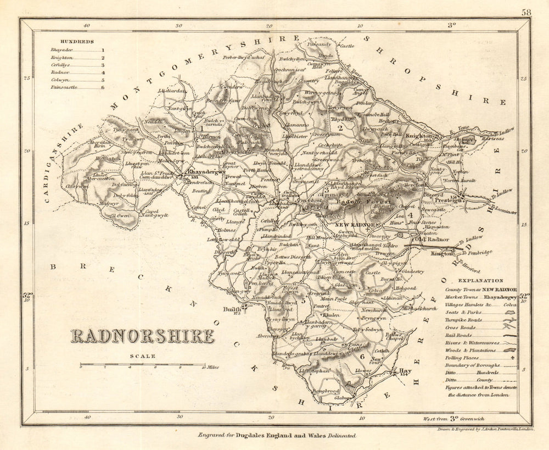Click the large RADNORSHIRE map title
pyautogui.click(x=142, y=336)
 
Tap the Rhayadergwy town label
pyautogui.click(x=207, y=172)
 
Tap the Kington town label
pyautogui.click(x=442, y=254)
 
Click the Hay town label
pyautogui.click(x=406, y=371)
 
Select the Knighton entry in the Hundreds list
pyautogui.click(x=61, y=58)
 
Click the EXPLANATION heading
pyautogui.click(x=478, y=280)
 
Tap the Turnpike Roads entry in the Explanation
pyautogui.click(x=467, y=319)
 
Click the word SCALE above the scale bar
pyautogui.click(x=143, y=356)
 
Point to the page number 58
pyautogui.click(x=526, y=12)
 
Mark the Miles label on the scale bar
pyautogui.click(x=212, y=367)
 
